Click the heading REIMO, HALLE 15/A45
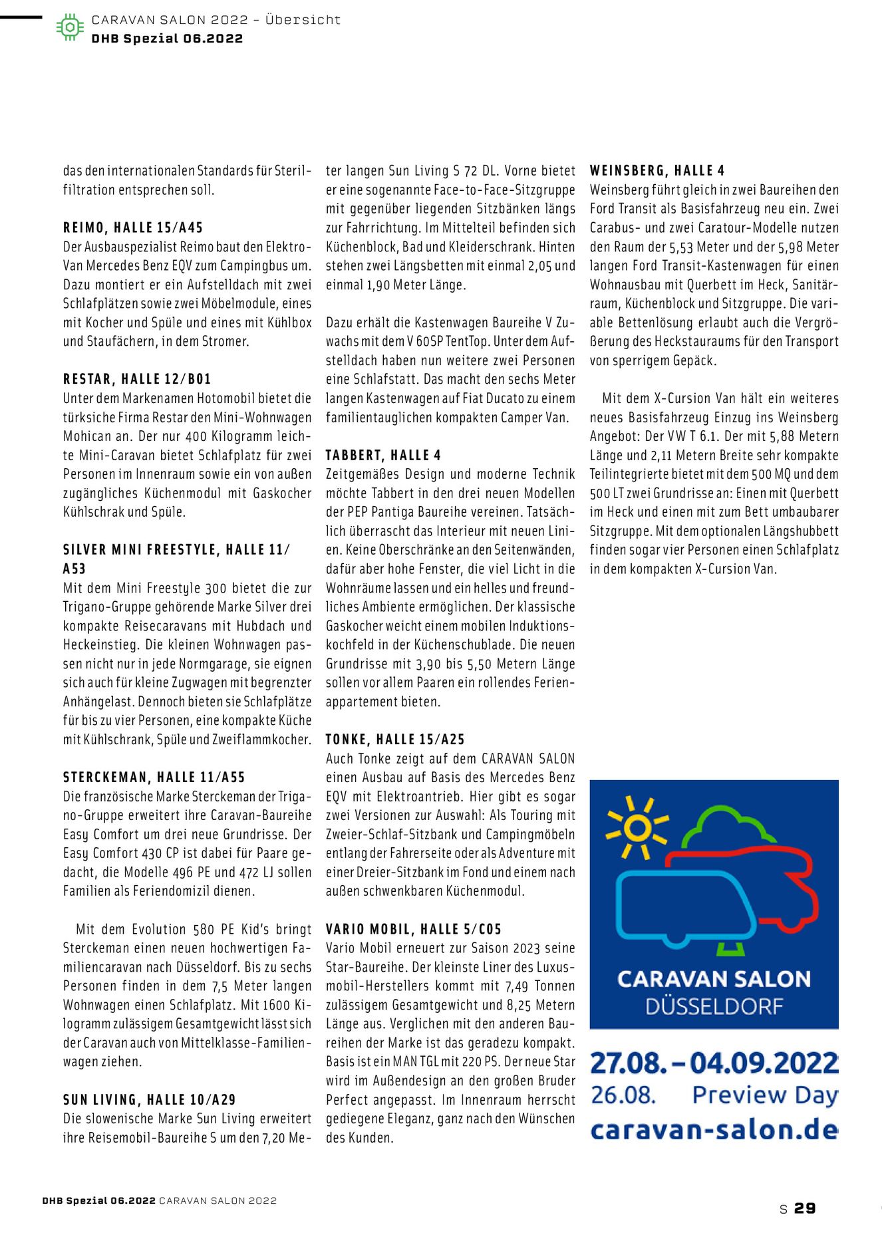tap(133, 228)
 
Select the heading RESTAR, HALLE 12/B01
tap(137, 380)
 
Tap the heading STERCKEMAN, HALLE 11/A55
tap(154, 777)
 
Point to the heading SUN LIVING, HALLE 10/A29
tap(150, 1100)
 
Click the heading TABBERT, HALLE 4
tap(383, 456)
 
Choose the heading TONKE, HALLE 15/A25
tap(395, 740)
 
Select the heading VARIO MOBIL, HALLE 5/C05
tap(414, 929)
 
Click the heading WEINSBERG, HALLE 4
tap(657, 171)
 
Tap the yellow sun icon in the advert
tap(637, 828)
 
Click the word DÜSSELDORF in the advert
tap(714, 1007)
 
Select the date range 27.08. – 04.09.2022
tap(714, 1062)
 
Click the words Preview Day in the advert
tap(764, 1095)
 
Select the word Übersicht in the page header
tap(303, 20)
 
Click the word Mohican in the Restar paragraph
tap(88, 437)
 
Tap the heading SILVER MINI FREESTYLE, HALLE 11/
tap(176, 550)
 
